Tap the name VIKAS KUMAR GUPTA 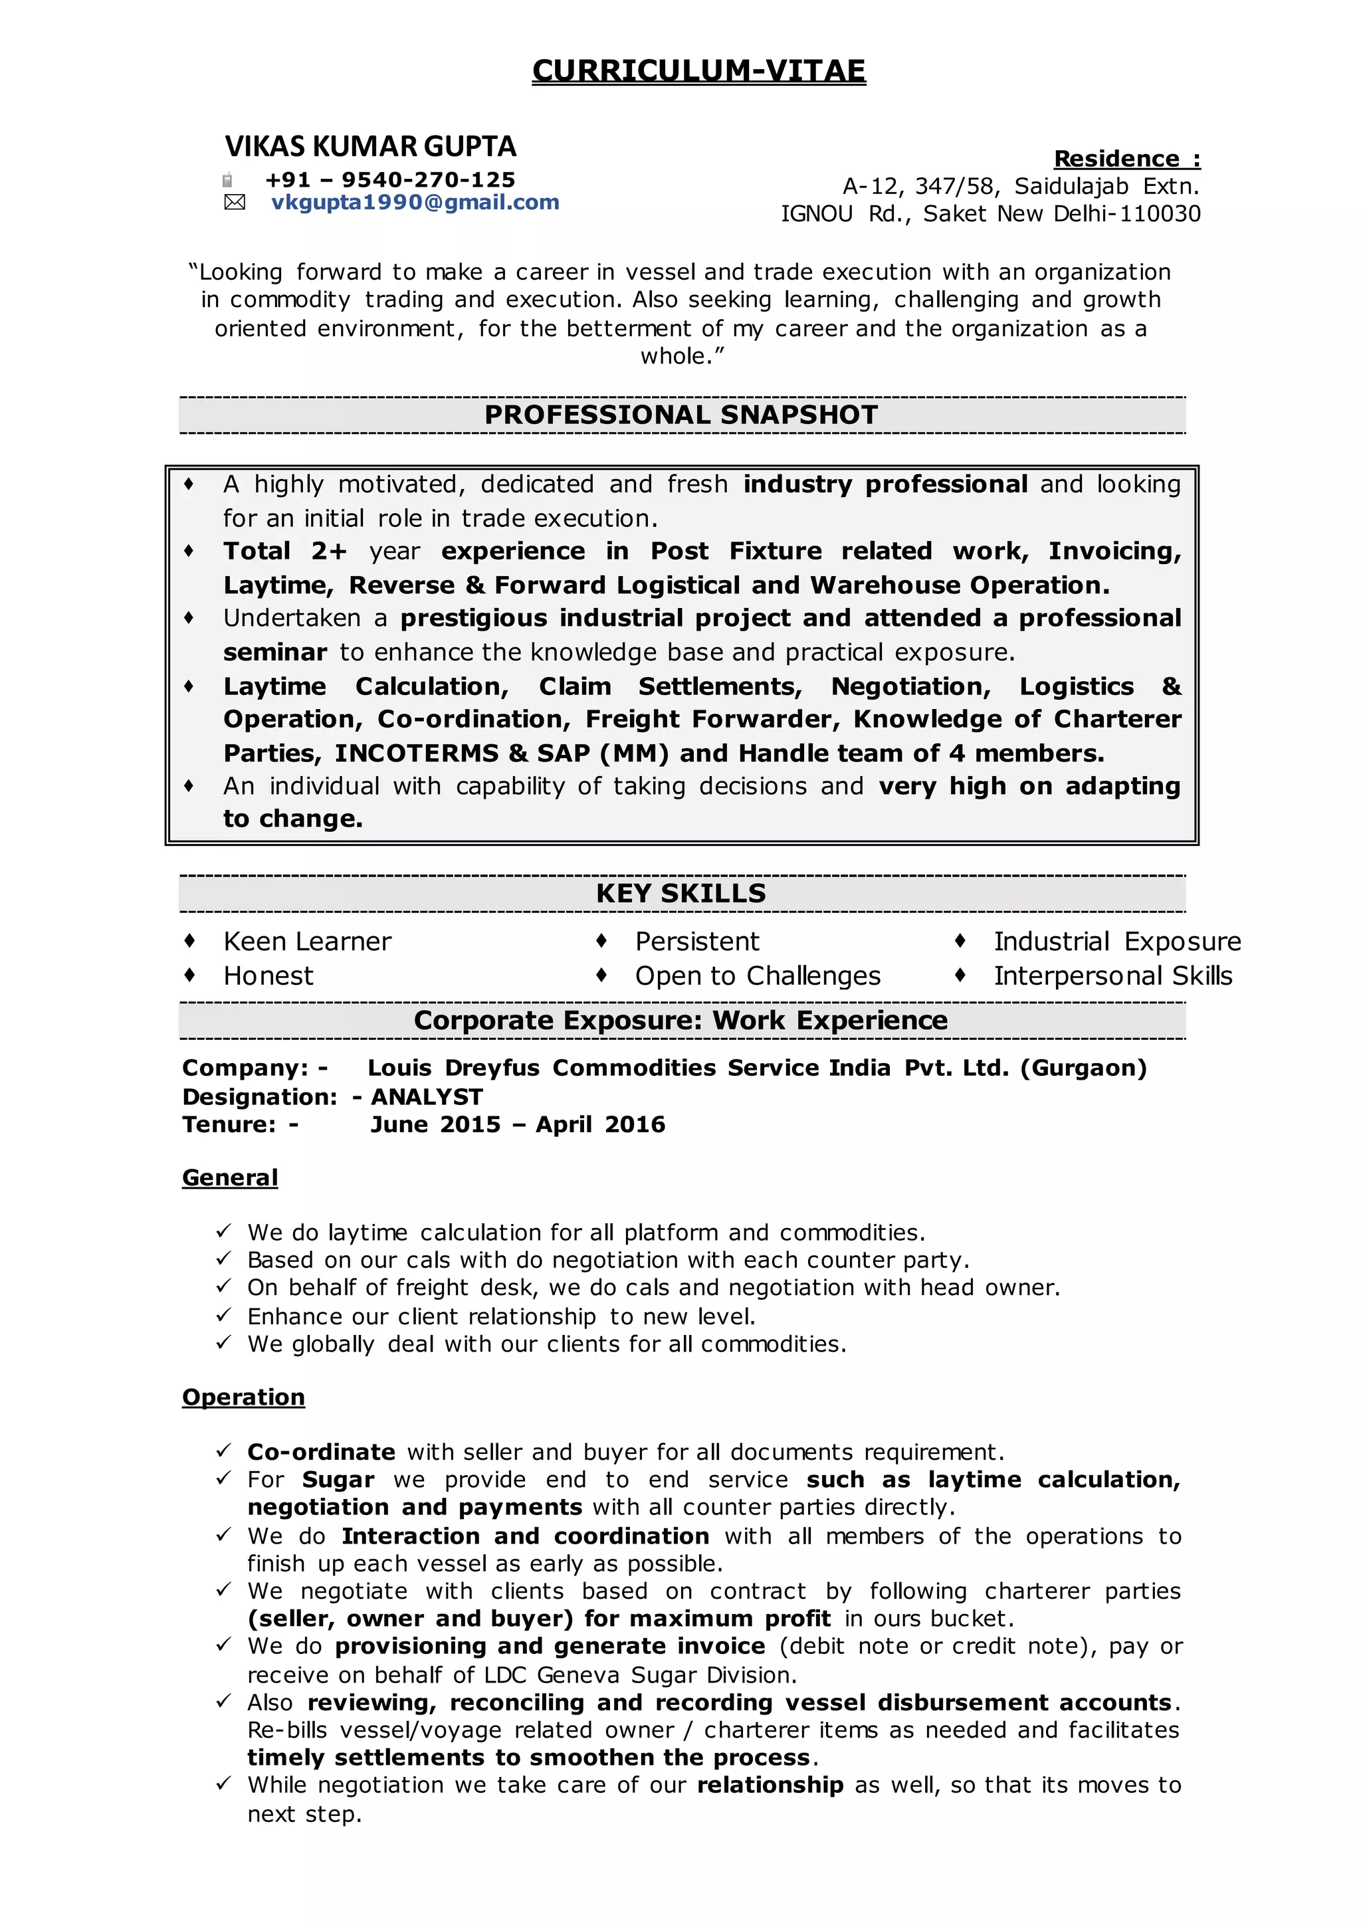369,147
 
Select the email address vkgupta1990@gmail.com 415,202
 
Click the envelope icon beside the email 235,202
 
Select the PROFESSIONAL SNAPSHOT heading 680,415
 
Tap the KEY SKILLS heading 680,893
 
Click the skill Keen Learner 307,942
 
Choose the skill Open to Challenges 757,976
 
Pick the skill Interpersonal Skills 1112,976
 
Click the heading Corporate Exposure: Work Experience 680,1021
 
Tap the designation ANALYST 427,1097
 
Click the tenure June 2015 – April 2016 517,1124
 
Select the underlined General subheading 230,1177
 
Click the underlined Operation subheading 243,1397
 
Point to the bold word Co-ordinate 321,1452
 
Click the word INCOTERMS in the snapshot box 417,754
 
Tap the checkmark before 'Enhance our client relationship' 223,1316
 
